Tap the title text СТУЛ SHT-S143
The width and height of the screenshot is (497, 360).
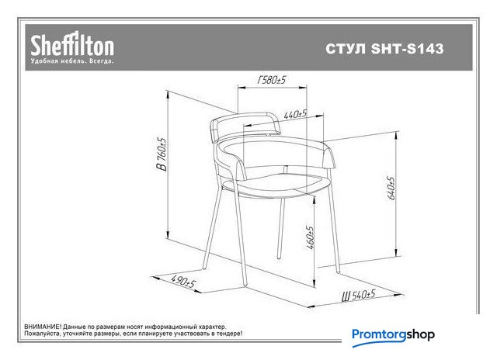384,49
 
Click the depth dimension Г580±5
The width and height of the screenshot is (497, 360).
272,80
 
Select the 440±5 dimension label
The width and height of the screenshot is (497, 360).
295,114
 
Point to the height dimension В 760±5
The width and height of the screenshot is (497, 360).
162,154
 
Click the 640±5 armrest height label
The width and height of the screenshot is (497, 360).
391,188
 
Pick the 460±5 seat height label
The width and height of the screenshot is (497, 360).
310,237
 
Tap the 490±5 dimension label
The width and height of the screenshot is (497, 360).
183,281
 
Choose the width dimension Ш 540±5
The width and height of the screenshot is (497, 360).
359,296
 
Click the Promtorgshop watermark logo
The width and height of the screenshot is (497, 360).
393,336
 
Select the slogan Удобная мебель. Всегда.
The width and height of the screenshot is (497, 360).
72,61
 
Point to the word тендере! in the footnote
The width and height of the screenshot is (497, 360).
229,334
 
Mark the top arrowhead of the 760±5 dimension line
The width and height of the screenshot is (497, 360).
168,94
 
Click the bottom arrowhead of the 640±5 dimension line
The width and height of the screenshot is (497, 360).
396,254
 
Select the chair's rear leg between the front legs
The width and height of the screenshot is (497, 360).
281,229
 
